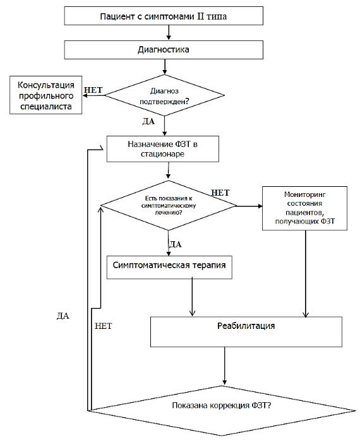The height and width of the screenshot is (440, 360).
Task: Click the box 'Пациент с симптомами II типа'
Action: pyautogui.click(x=164, y=16)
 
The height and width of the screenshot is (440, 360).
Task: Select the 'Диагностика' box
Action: pyautogui.click(x=164, y=50)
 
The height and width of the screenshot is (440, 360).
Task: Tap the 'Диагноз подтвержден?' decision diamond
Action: pyautogui.click(x=165, y=95)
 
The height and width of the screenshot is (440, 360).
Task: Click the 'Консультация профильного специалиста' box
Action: pyautogui.click(x=45, y=95)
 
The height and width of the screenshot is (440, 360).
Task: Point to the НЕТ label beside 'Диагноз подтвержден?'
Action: pyautogui.click(x=93, y=90)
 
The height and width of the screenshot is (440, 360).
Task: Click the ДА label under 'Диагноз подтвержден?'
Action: pyautogui.click(x=148, y=121)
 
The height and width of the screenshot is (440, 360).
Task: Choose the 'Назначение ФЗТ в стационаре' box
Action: pyautogui.click(x=162, y=149)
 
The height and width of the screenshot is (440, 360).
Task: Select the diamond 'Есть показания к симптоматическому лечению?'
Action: pyautogui.click(x=169, y=205)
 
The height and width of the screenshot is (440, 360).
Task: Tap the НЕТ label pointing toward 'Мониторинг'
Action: pyautogui.click(x=220, y=193)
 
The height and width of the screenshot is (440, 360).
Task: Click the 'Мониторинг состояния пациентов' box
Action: pyautogui.click(x=304, y=208)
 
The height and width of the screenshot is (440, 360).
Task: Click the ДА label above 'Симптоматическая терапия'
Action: pyautogui.click(x=175, y=244)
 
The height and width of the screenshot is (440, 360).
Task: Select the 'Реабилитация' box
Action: pyautogui.click(x=246, y=332)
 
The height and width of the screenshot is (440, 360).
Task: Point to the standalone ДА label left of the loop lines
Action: pyautogui.click(x=63, y=316)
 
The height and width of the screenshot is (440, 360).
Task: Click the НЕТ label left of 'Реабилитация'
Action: pyautogui.click(x=104, y=326)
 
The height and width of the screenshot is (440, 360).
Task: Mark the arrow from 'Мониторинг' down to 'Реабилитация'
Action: pyautogui.click(x=306, y=274)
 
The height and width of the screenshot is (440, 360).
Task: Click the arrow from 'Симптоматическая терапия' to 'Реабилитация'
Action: pyautogui.click(x=192, y=297)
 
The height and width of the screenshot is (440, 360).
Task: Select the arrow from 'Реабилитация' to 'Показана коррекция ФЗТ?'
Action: pyautogui.click(x=224, y=366)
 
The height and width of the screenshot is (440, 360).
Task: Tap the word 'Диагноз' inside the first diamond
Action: pyautogui.click(x=164, y=91)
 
